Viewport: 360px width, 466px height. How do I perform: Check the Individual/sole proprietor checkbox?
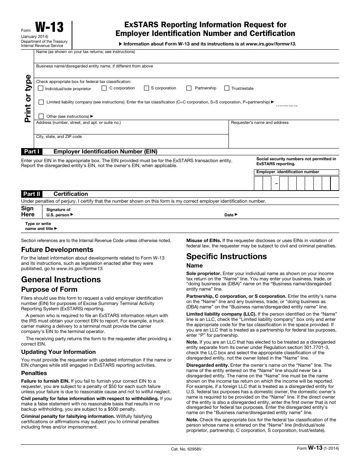(x=41, y=88)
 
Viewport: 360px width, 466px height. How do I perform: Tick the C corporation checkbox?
(x=104, y=88)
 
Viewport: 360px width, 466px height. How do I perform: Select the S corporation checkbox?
(x=146, y=88)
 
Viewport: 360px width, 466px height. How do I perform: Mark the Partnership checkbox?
(x=189, y=88)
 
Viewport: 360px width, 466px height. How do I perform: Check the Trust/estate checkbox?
(x=227, y=88)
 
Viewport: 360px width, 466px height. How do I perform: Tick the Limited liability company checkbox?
(x=41, y=102)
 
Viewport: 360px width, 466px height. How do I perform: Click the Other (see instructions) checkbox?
(x=41, y=116)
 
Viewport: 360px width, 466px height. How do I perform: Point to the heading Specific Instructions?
(x=226, y=256)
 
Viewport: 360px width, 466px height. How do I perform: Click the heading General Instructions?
(x=61, y=280)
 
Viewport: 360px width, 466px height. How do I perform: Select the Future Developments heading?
(x=57, y=250)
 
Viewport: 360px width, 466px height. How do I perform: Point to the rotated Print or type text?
(x=28, y=98)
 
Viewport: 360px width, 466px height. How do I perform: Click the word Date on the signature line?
(x=229, y=215)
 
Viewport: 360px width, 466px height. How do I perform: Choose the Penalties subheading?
(x=34, y=373)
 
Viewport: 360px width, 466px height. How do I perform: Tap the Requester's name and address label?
(x=260, y=123)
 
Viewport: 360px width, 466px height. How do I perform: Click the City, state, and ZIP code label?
(x=59, y=137)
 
